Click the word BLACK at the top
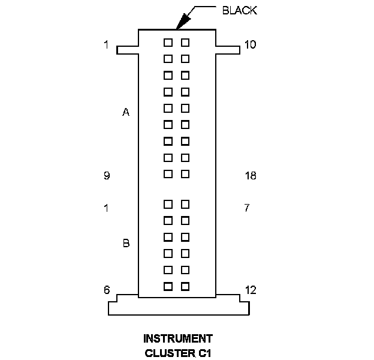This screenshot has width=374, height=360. point(240,10)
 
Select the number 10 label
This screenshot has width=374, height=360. point(251,44)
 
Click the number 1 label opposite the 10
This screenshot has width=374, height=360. point(106,44)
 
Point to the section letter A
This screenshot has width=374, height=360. point(126,112)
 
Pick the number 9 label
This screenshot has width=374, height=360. point(106,176)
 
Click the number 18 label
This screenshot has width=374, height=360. point(251,176)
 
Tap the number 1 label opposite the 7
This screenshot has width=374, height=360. point(106,208)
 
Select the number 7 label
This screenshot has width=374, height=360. point(247,208)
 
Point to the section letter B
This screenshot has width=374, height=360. point(126,243)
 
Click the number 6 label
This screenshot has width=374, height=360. point(106,290)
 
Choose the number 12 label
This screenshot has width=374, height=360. point(251,290)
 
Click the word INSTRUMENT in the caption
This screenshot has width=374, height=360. point(178,338)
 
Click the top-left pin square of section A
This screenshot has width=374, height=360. point(168,43)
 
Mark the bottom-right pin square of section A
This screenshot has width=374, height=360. point(185,174)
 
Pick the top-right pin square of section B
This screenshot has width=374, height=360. point(185,204)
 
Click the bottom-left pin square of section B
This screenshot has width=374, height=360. point(168,286)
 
